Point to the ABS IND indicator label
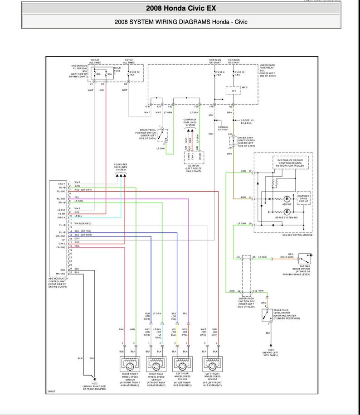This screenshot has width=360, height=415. (x=287, y=204)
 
